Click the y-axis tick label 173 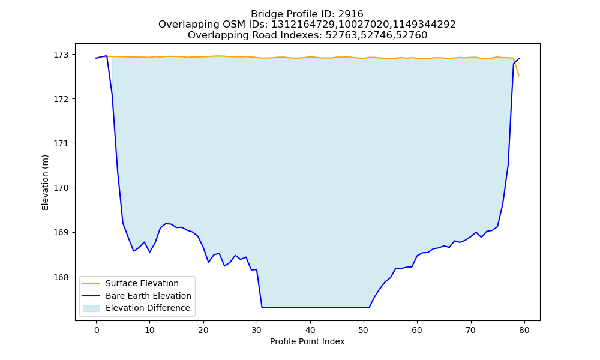(61, 55)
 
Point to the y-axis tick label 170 (61, 188)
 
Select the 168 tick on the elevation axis (61, 277)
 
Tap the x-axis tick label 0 (97, 330)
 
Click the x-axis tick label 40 (310, 330)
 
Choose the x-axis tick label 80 (524, 330)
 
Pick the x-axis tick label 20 (203, 330)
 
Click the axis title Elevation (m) (45, 182)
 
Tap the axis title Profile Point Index (307, 341)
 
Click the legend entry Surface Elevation (142, 283)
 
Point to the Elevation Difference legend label (148, 308)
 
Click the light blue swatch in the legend (91, 308)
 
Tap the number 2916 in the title (351, 14)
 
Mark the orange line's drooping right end (519, 76)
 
